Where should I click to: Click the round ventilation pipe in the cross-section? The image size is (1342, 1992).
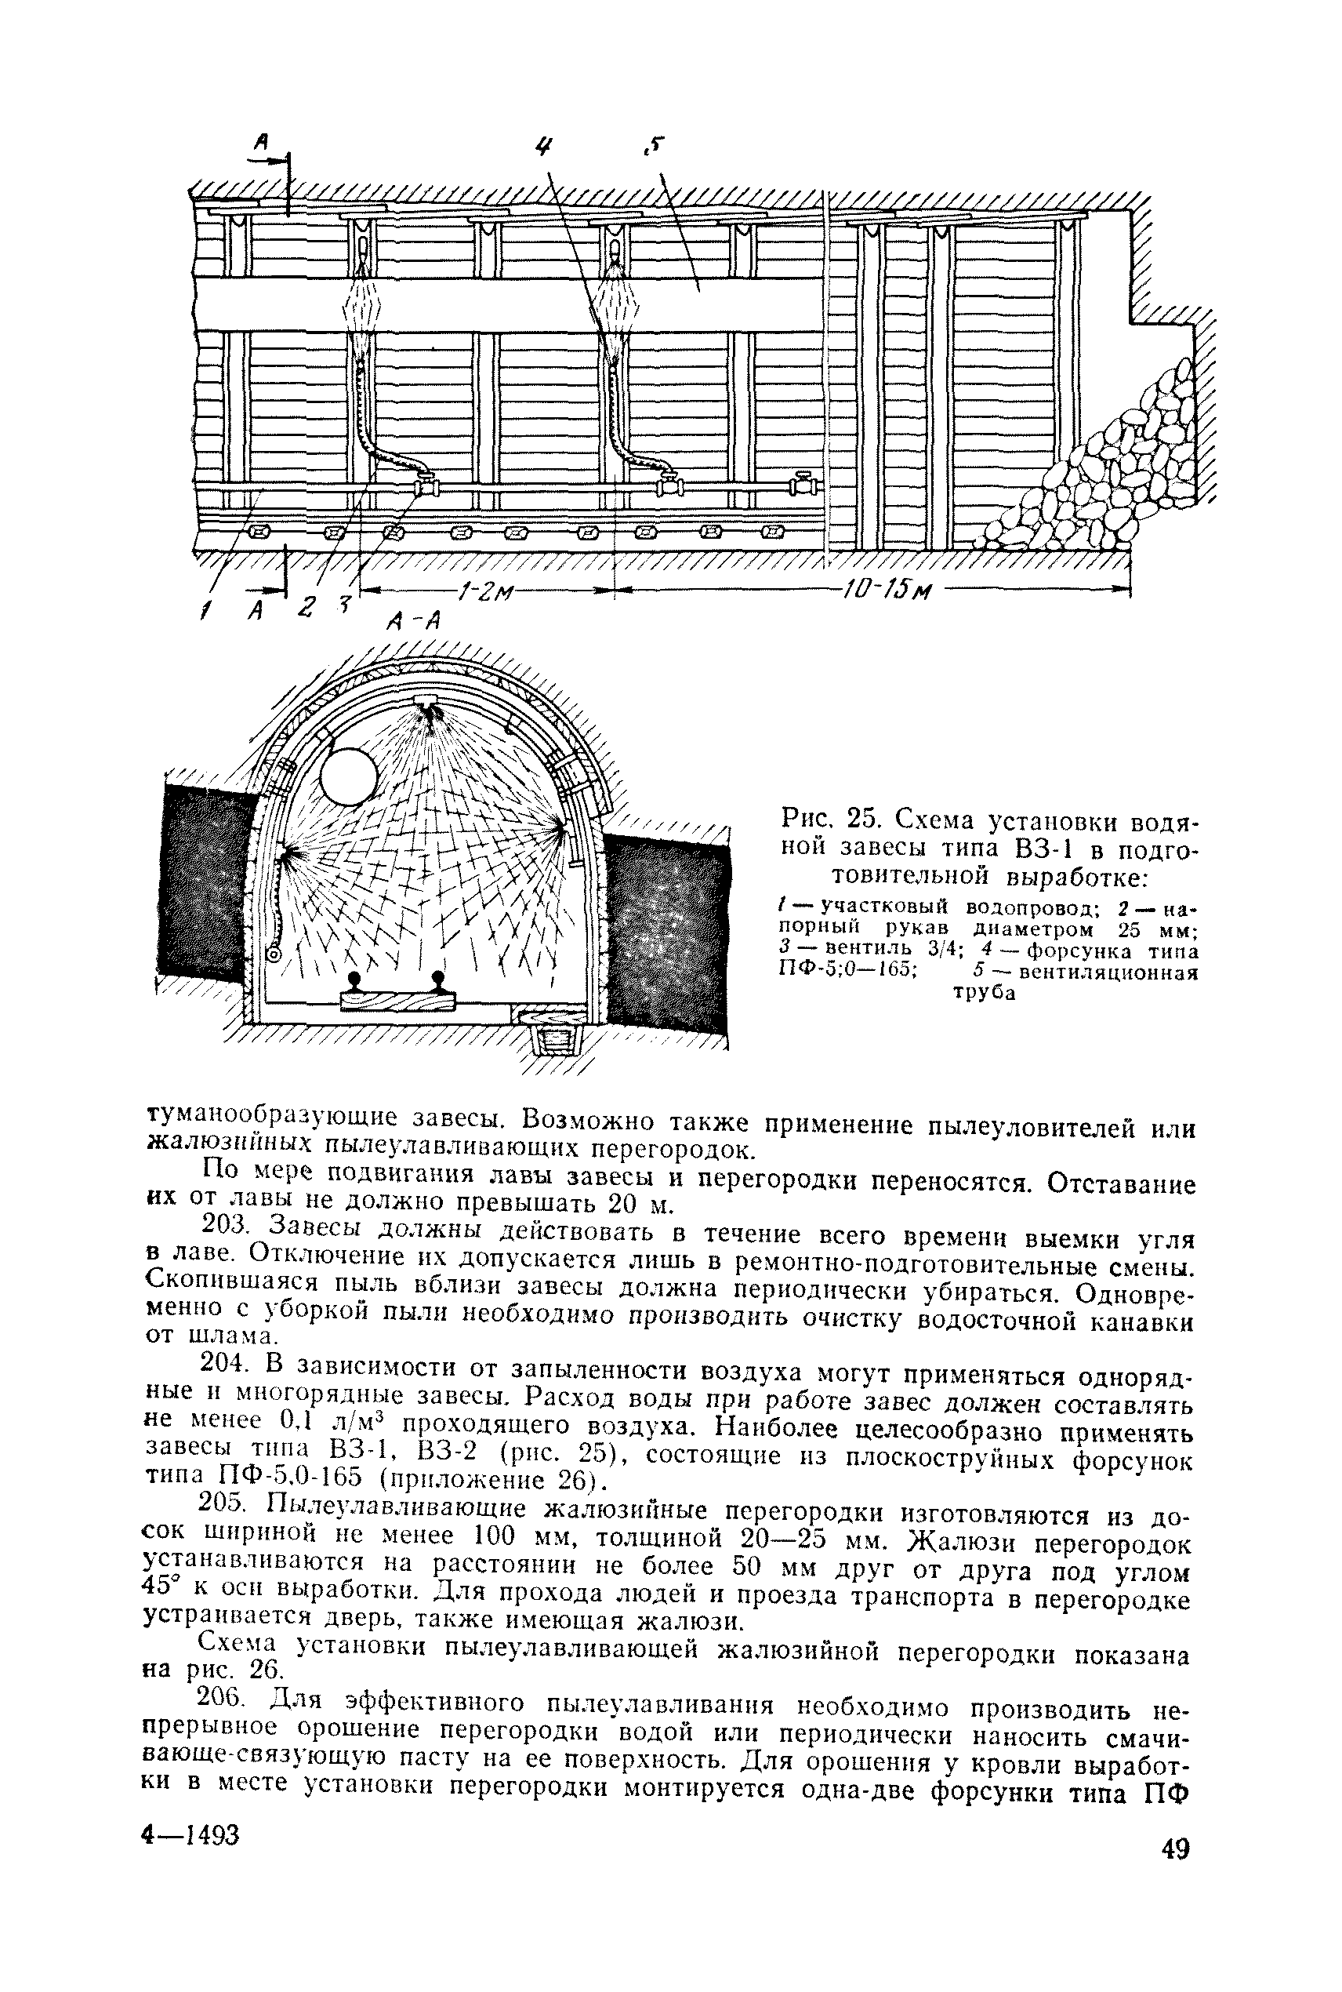[x=348, y=776]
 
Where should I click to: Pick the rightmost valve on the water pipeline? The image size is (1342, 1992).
[x=803, y=484]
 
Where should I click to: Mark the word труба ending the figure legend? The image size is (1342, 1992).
[x=985, y=994]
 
